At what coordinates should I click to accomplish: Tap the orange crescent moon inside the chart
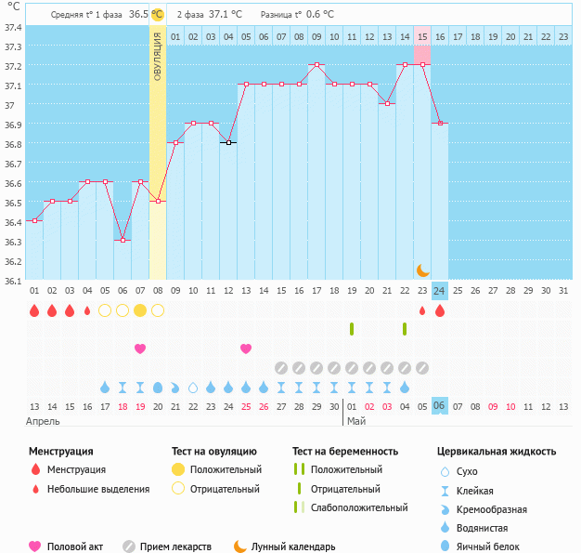(x=422, y=270)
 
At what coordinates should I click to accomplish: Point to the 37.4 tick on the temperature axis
(x=12, y=27)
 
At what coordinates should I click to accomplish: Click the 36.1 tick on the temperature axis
(x=12, y=281)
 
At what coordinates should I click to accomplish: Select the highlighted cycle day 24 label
(x=440, y=290)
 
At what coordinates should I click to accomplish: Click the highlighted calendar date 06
(x=440, y=405)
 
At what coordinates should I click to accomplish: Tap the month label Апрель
(x=44, y=421)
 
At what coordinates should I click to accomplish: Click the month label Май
(x=356, y=421)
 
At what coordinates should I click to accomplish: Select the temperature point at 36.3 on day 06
(x=123, y=240)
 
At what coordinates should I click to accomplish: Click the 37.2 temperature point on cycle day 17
(x=316, y=65)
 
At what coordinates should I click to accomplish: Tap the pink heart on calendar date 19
(x=140, y=349)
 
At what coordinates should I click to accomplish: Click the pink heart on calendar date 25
(x=246, y=349)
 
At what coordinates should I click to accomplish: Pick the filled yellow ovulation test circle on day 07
(x=140, y=309)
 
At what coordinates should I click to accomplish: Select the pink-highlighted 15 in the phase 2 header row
(x=422, y=36)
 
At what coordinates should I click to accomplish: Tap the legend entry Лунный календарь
(x=300, y=546)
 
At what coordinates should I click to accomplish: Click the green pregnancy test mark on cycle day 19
(x=352, y=328)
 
